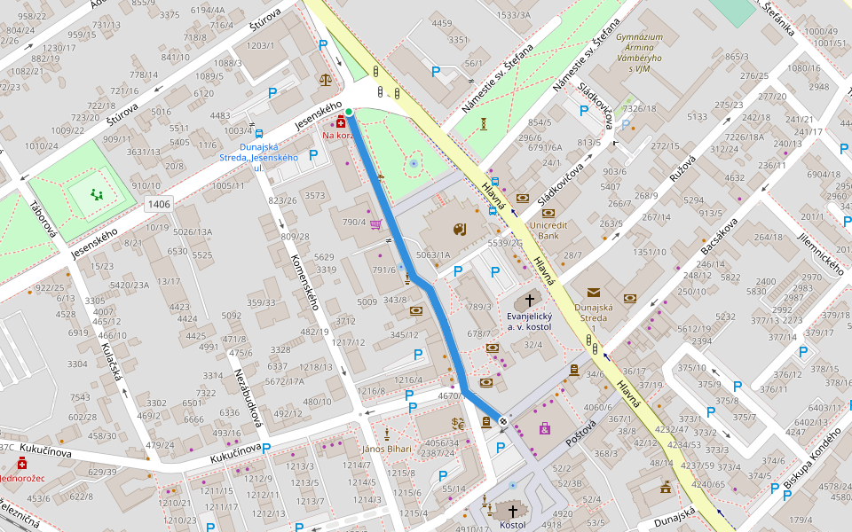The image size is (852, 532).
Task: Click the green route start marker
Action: [349, 112]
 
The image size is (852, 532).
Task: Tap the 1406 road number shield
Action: [159, 205]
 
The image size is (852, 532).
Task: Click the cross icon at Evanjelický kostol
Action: [531, 301]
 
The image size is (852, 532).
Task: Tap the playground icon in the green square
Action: [96, 193]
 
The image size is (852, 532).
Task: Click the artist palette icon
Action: [458, 231]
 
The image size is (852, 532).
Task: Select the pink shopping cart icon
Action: [375, 224]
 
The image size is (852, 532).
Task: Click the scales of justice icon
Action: [325, 79]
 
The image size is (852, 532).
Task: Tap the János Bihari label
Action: [387, 449]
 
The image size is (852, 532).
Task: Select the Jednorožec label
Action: [21, 478]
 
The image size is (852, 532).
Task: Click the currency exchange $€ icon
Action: [458, 423]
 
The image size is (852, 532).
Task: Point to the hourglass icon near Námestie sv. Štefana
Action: [484, 124]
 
